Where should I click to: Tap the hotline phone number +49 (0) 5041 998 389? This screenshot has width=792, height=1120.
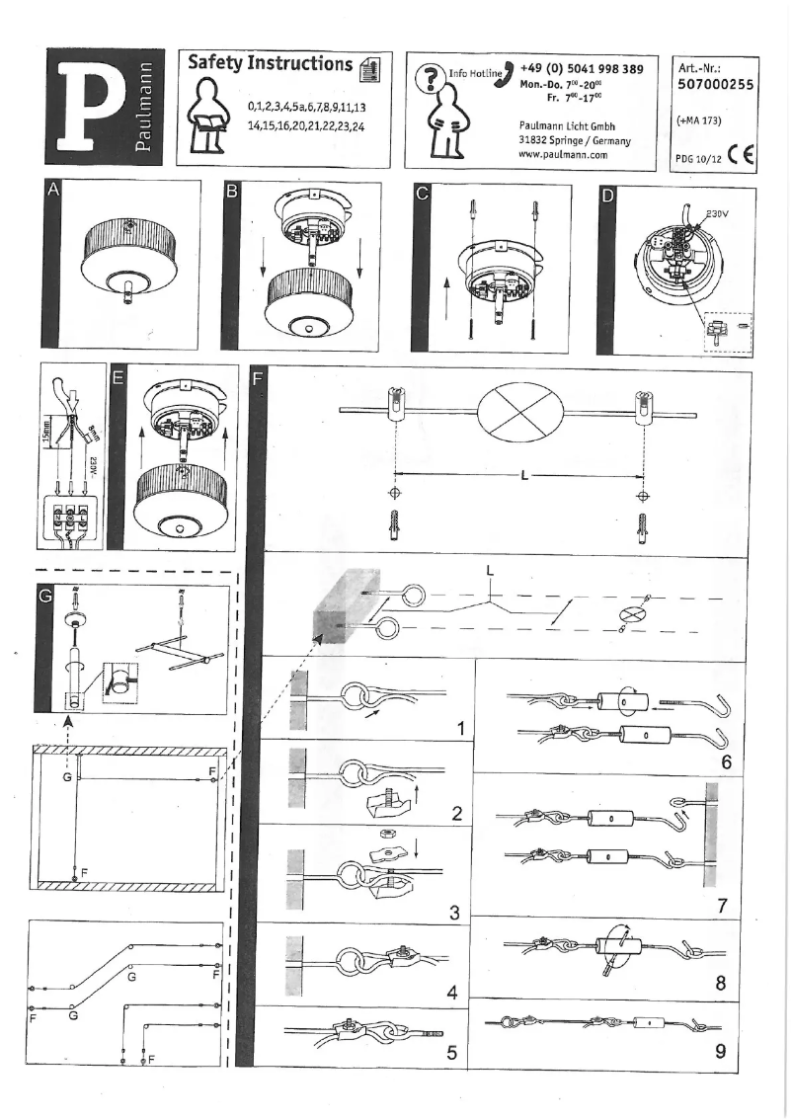click(x=582, y=68)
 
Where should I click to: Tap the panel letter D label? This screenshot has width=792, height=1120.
click(x=608, y=195)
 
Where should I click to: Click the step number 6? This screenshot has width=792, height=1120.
click(x=726, y=762)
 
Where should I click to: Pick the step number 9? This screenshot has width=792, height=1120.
click(x=721, y=1051)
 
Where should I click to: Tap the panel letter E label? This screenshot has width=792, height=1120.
click(x=119, y=376)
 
